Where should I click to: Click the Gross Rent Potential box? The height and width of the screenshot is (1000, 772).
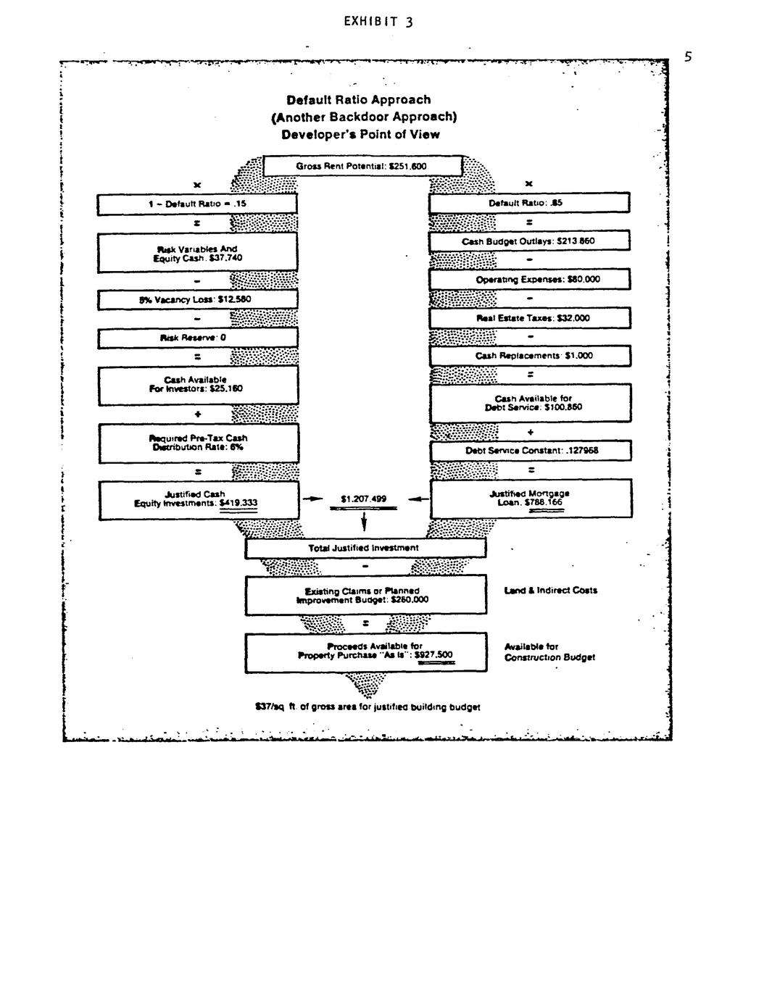[x=362, y=167]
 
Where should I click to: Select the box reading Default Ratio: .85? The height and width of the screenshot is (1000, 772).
[x=529, y=204]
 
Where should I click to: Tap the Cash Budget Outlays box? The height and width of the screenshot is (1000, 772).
[x=529, y=241]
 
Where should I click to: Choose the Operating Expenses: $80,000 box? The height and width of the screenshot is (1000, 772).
[x=529, y=280]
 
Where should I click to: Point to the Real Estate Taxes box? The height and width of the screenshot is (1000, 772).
[x=529, y=318]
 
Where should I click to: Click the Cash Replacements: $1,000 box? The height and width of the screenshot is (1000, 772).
[x=529, y=356]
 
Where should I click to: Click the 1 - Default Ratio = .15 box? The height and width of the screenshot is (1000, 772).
[x=197, y=204]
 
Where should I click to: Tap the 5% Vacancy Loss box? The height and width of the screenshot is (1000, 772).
[x=197, y=299]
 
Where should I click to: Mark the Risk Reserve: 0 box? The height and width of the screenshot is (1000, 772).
[x=197, y=338]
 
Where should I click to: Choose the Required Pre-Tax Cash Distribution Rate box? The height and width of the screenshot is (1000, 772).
[x=197, y=443]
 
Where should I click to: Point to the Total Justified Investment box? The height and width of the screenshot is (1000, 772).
[x=365, y=549]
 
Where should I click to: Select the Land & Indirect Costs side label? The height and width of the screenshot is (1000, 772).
[x=550, y=591]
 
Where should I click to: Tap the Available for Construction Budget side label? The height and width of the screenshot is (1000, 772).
[x=549, y=652]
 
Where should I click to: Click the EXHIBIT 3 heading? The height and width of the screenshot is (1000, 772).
[x=378, y=22]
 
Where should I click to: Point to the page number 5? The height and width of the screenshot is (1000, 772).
[x=689, y=57]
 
